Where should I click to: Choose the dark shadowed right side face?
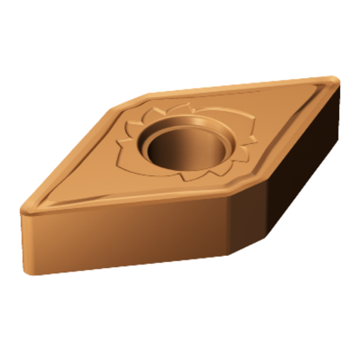pyautogui.click(x=291, y=173)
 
